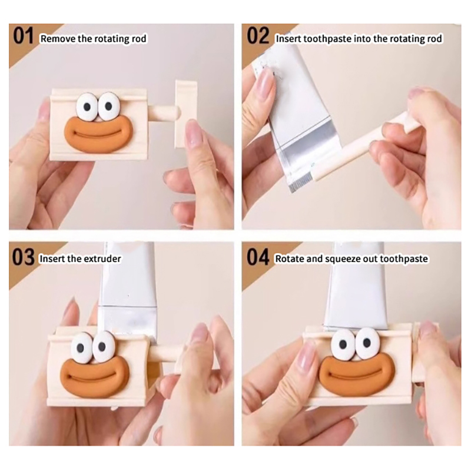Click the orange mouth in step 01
click(x=98, y=132)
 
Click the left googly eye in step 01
click(x=87, y=106)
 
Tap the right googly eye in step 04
click(x=367, y=342)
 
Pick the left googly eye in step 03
click(x=81, y=347)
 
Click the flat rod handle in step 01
click(x=185, y=114)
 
